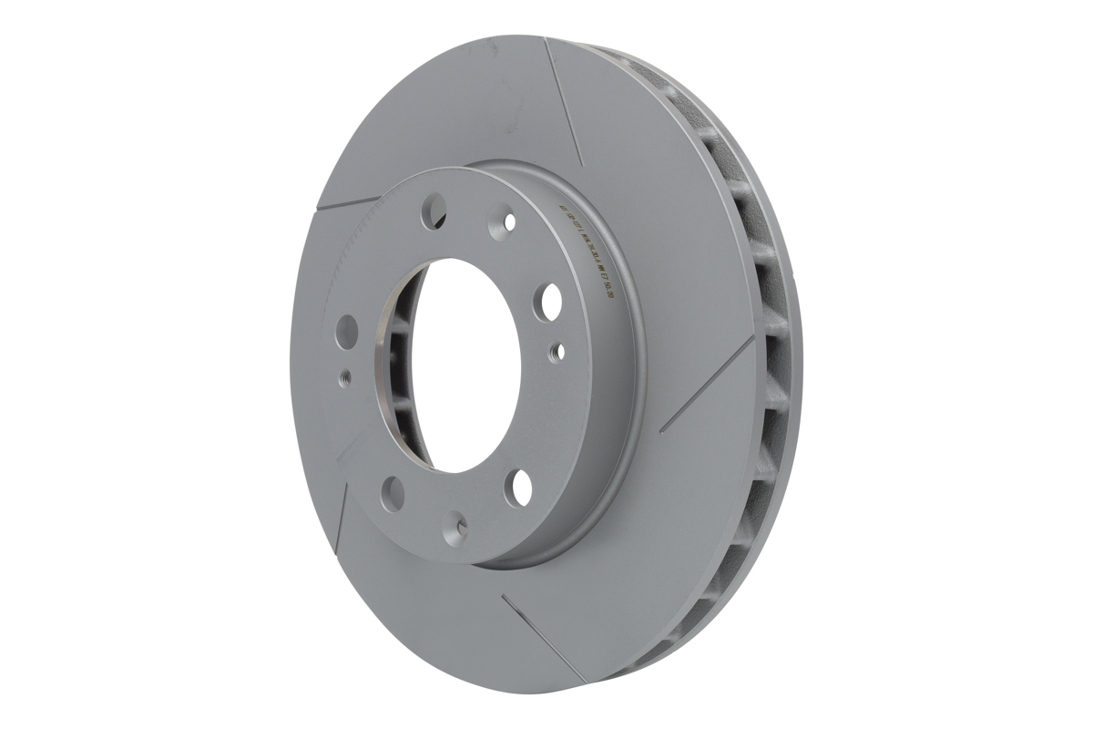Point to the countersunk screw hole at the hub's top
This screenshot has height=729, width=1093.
pos(507,221)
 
